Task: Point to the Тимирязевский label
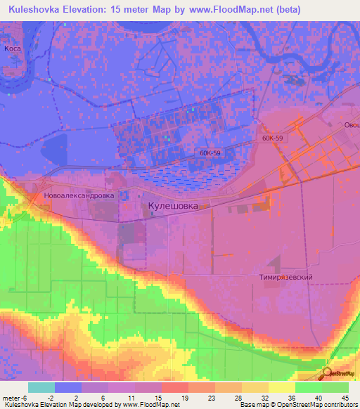pos(284,278)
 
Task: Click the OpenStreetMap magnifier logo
pos(327,375)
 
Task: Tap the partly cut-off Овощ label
pos(351,125)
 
